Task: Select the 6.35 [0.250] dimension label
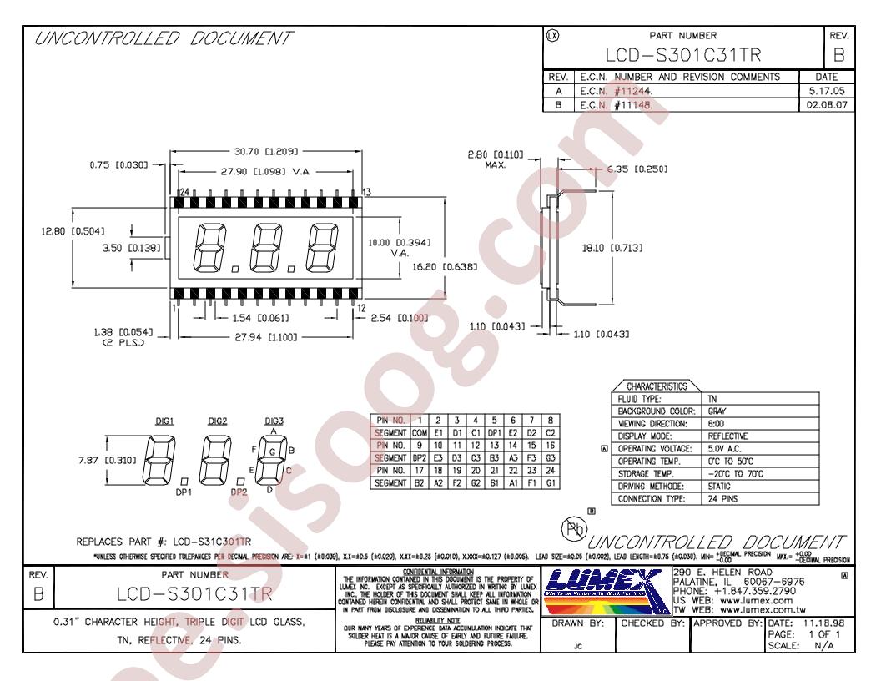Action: coord(639,169)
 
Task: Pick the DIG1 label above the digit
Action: coord(164,421)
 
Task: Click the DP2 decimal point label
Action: coord(240,492)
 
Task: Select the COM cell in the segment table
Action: coord(420,432)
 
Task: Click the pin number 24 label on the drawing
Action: coord(183,192)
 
